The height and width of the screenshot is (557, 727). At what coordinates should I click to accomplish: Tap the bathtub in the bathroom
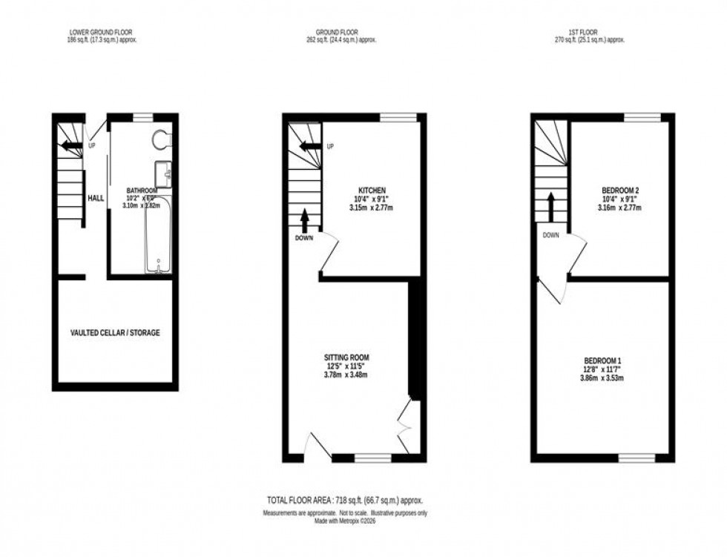click(157, 235)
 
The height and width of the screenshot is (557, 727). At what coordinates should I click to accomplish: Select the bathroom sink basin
click(165, 173)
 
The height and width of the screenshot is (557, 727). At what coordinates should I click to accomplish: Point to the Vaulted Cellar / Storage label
click(115, 333)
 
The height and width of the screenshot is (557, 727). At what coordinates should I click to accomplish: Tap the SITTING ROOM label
click(346, 357)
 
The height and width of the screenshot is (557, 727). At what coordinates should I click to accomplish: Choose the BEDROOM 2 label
click(620, 191)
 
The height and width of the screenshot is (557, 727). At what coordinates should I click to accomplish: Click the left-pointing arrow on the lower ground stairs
click(72, 145)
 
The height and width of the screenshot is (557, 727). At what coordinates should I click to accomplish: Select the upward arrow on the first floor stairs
click(551, 205)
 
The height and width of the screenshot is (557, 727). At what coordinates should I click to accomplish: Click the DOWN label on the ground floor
click(304, 238)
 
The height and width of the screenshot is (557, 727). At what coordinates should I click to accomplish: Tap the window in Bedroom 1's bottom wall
click(637, 458)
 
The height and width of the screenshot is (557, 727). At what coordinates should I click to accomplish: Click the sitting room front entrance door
click(319, 445)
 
